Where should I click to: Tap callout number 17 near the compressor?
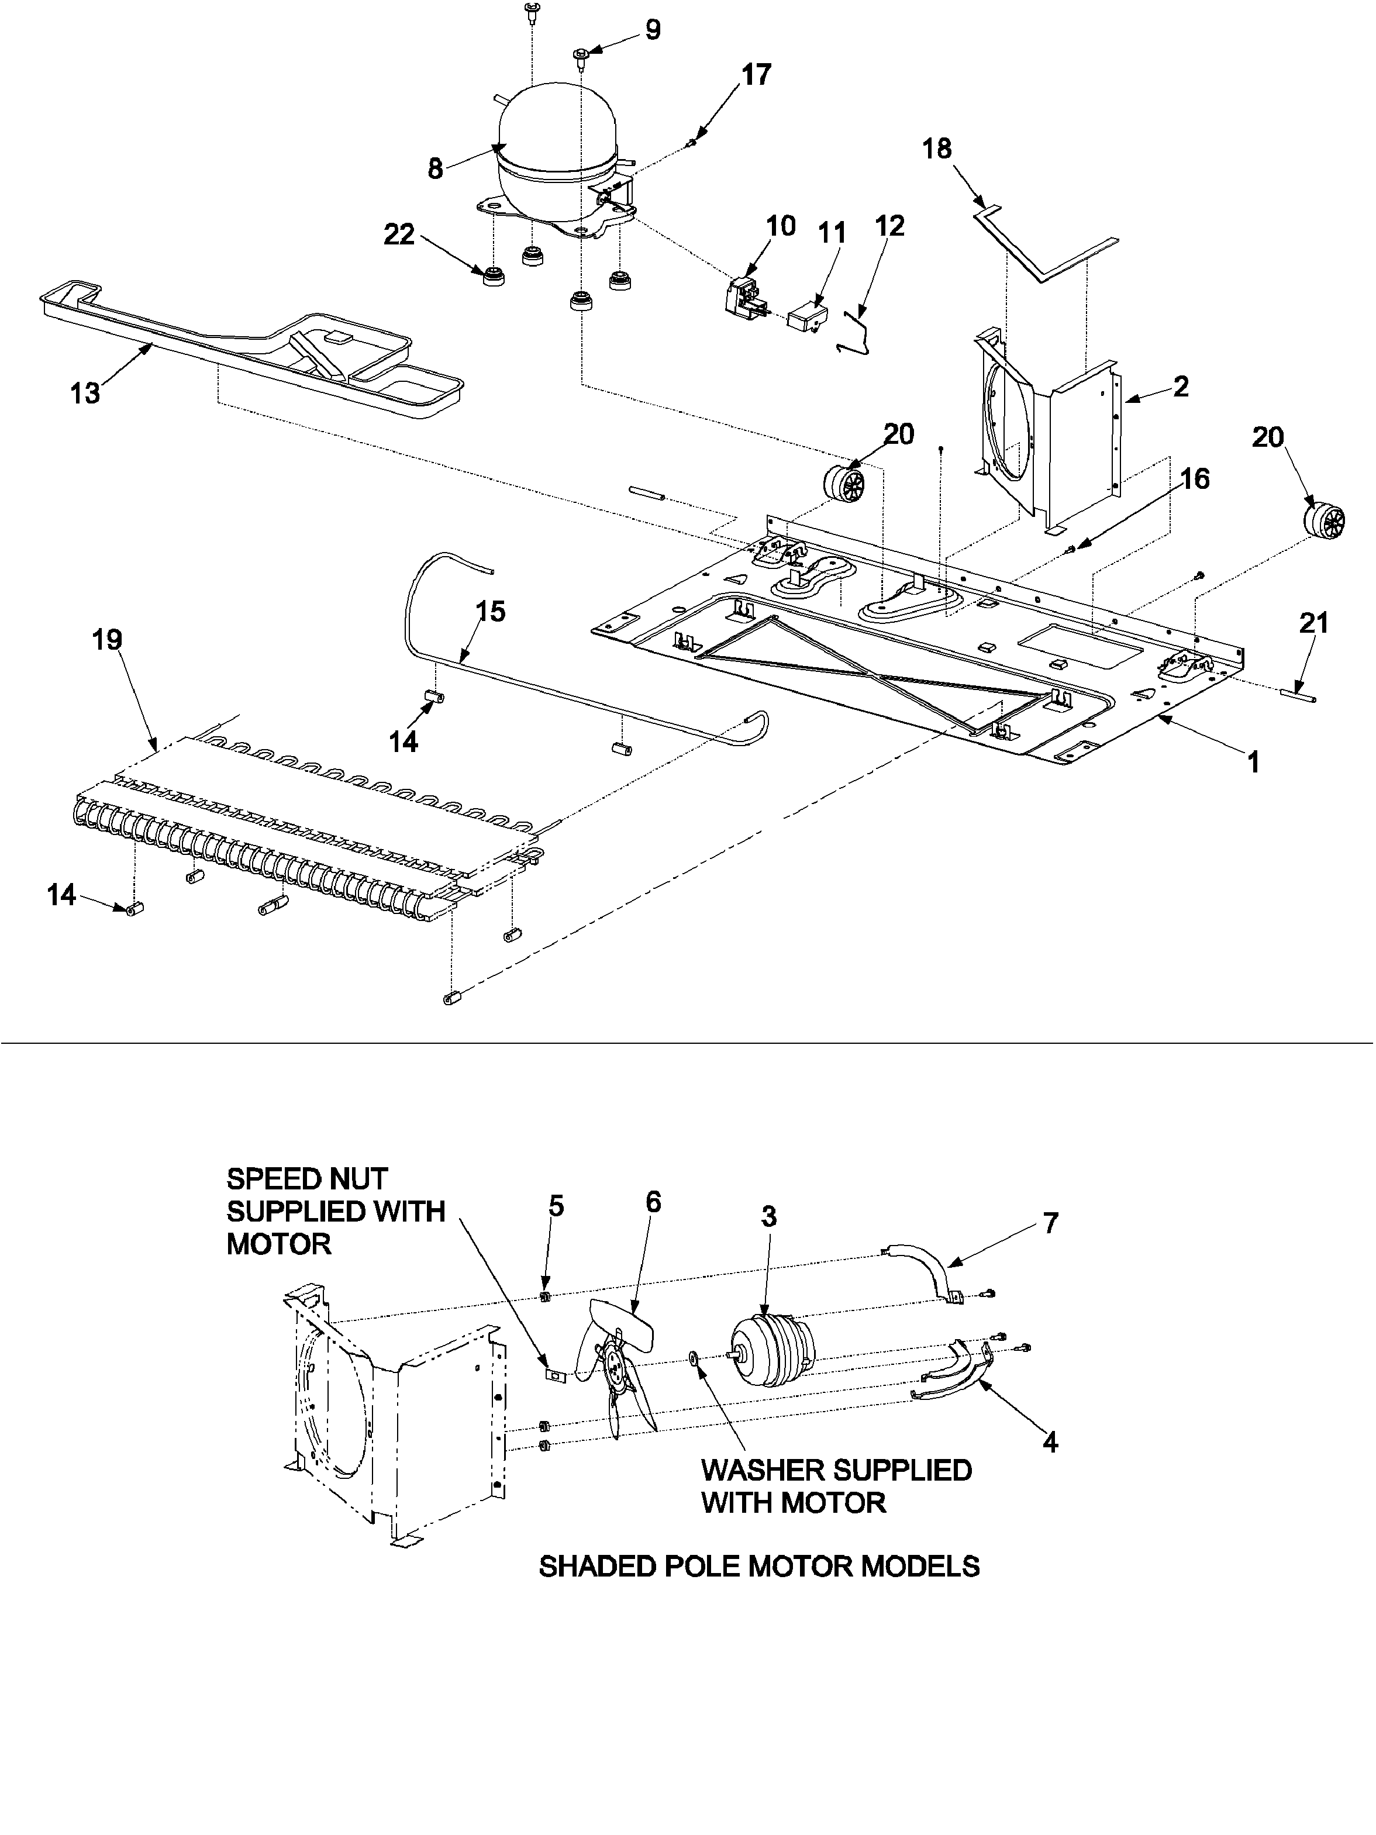point(756,75)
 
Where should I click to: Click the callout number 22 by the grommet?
point(399,234)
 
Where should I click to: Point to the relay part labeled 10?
point(746,295)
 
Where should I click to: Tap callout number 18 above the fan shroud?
point(937,149)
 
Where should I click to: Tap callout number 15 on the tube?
point(490,612)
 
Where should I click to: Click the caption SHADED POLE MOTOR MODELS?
point(759,1566)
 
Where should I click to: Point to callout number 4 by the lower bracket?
point(1050,1443)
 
